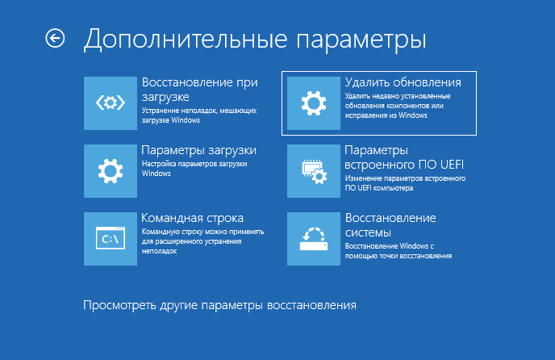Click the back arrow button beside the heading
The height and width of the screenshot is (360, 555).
pos(55,38)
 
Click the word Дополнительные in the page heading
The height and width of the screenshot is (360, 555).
pos(186,40)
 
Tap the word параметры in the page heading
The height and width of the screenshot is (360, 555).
pos(361,41)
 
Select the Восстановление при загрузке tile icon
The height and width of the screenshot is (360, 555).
pos(111,103)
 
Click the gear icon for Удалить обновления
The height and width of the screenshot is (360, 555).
pos(314,103)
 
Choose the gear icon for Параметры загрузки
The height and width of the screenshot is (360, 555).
pos(111,171)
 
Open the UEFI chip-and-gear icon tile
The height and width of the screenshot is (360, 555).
pos(314,171)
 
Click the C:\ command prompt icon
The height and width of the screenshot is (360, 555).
pos(111,238)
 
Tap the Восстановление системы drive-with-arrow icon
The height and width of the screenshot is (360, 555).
pos(314,238)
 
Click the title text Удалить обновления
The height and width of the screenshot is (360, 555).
pos(403,82)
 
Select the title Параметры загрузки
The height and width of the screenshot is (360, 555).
pos(199,151)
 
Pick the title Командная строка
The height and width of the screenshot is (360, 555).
pos(193,218)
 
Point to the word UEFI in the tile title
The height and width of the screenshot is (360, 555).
pos(452,165)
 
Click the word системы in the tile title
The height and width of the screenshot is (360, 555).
pos(368,232)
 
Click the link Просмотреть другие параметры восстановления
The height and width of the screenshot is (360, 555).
pos(219,305)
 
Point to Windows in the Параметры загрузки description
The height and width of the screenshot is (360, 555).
pos(156,174)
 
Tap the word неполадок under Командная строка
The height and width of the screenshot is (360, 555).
pos(159,251)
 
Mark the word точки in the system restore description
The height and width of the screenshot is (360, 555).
pos(387,256)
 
